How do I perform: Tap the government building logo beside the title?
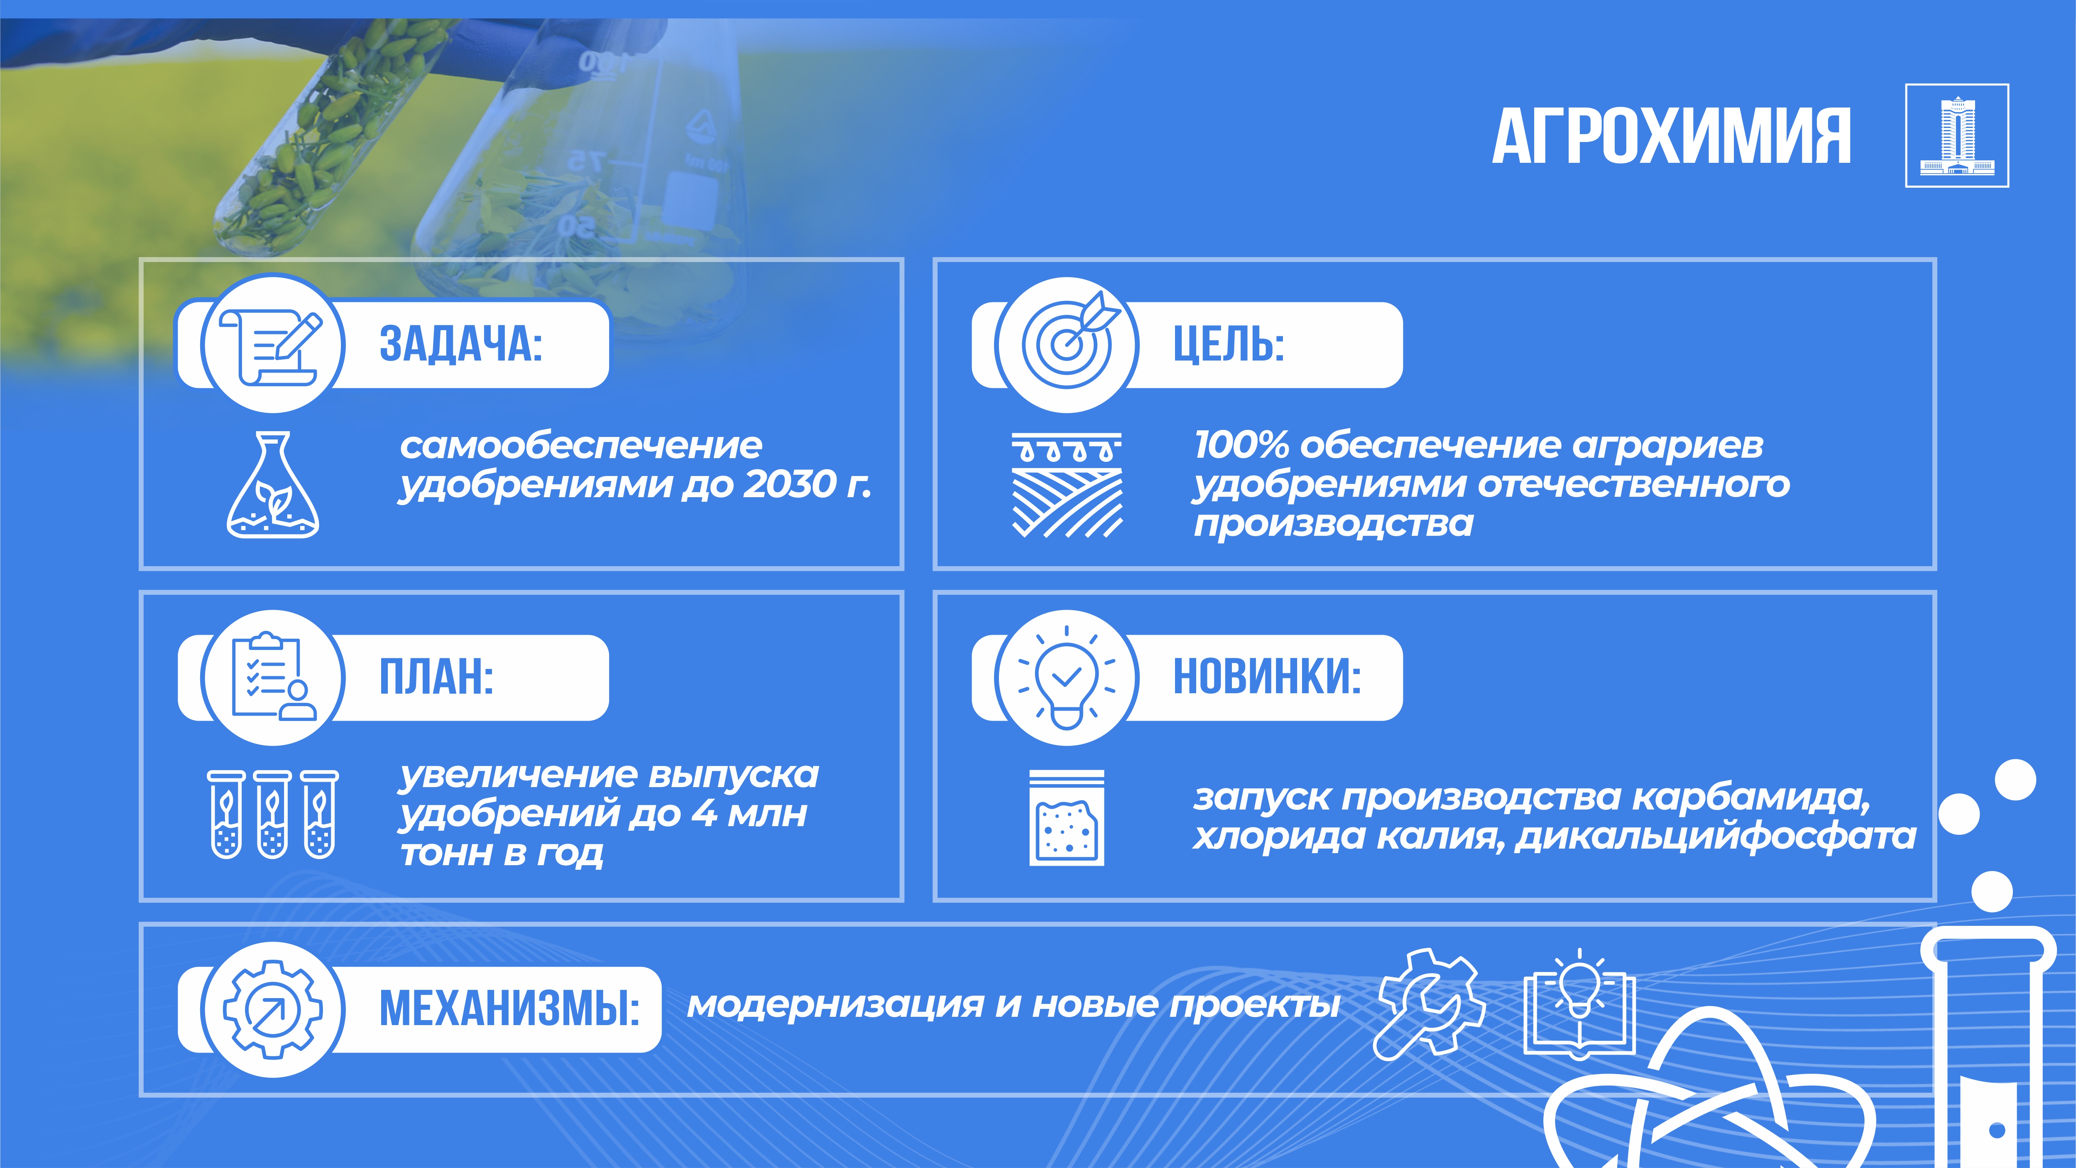click(1957, 135)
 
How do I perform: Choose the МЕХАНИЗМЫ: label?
click(509, 1009)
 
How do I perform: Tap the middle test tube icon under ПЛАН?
click(272, 814)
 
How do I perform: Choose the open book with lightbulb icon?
click(1579, 1004)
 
